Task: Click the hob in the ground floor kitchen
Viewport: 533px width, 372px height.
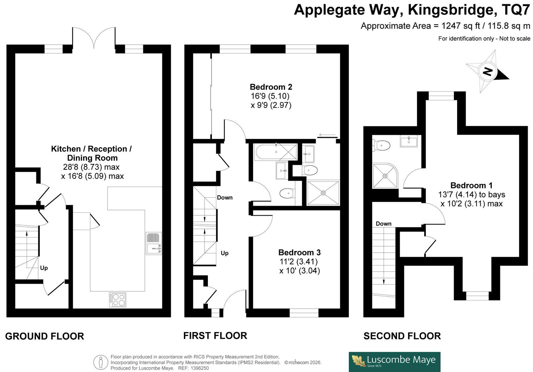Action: [x=118, y=300]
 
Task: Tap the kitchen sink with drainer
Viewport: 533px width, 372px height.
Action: [x=154, y=243]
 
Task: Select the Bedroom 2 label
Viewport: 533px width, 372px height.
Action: [x=271, y=87]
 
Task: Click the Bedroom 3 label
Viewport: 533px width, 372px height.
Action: [x=299, y=252]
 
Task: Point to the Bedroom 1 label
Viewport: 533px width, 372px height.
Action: [x=471, y=185]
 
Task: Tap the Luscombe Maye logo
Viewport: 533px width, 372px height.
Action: [x=394, y=362]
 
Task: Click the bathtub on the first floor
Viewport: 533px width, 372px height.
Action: [x=276, y=152]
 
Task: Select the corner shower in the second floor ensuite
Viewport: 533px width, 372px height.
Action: [x=385, y=176]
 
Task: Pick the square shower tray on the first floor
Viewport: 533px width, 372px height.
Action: [x=323, y=193]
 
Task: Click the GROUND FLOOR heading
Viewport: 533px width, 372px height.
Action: [x=45, y=336]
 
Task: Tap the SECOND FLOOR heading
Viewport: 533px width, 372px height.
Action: [x=402, y=336]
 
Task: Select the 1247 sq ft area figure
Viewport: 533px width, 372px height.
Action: [x=461, y=26]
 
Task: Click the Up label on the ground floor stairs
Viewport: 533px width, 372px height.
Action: [x=44, y=268]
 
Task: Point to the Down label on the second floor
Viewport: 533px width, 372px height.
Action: [x=383, y=224]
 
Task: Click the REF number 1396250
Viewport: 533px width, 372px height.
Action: [x=200, y=368]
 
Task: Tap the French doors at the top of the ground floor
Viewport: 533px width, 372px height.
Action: [x=94, y=38]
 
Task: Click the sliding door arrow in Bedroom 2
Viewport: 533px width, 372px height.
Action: [x=327, y=135]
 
